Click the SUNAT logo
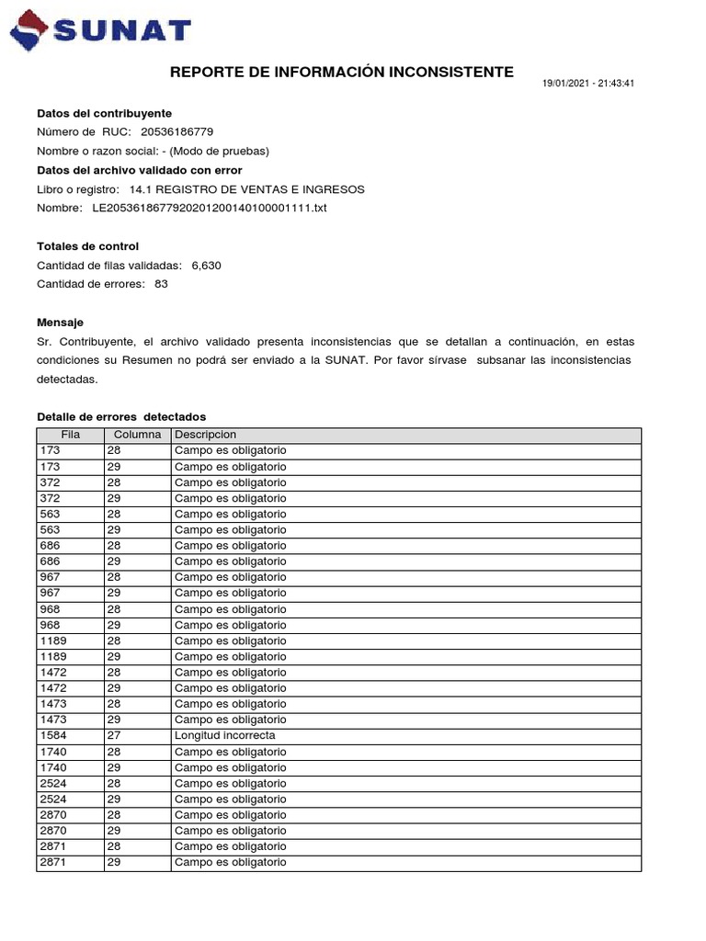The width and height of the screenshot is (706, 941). pos(101,31)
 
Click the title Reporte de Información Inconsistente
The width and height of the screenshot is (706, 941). pos(342,73)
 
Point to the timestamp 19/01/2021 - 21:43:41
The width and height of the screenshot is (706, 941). pos(588,84)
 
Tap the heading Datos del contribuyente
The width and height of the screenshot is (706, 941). pos(104,113)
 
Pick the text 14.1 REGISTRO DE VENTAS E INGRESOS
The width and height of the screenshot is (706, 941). pos(247,189)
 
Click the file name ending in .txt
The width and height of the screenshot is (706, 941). pos(210,209)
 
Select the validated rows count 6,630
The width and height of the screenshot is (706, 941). pos(206,266)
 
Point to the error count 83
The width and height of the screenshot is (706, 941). pos(161,284)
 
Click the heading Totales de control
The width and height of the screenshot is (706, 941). pos(87,246)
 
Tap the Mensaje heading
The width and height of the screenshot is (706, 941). pos(60,323)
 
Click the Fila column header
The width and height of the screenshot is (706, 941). pos(71,435)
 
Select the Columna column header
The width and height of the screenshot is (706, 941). pos(137,435)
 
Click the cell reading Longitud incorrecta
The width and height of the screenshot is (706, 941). pos(224,736)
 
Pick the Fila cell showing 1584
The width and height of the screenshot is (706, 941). pos(54,736)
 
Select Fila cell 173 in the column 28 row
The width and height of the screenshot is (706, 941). pos(51,451)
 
